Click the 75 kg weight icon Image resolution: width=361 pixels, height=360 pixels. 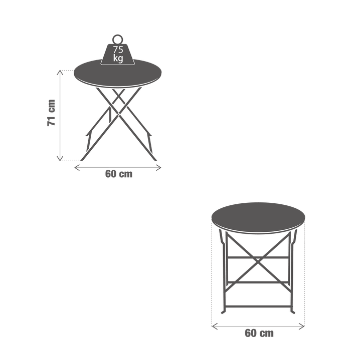point(118,54)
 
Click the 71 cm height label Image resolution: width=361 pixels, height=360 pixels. point(51,113)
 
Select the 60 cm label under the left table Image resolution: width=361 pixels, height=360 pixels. point(119,174)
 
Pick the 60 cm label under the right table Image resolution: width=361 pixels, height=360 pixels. point(259,333)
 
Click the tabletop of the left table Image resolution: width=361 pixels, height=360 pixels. point(118,73)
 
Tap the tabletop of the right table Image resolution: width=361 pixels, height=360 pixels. point(258,218)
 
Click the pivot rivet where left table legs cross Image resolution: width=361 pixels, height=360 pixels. point(118,114)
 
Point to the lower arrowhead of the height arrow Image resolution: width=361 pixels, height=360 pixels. point(60,159)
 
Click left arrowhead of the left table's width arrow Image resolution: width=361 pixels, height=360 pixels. point(76,168)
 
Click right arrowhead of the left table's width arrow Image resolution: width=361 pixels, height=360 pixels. point(159,168)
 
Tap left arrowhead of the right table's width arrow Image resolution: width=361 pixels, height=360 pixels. point(214,326)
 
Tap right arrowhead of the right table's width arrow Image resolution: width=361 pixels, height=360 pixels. point(302,326)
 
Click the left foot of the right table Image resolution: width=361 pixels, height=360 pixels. point(223,312)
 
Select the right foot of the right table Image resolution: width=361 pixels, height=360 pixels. point(293,312)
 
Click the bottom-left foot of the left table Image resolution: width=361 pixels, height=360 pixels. point(82,159)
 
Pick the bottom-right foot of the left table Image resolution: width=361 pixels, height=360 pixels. point(154,159)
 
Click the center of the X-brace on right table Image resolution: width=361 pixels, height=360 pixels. point(258,260)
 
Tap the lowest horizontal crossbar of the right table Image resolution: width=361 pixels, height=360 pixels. point(258,306)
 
